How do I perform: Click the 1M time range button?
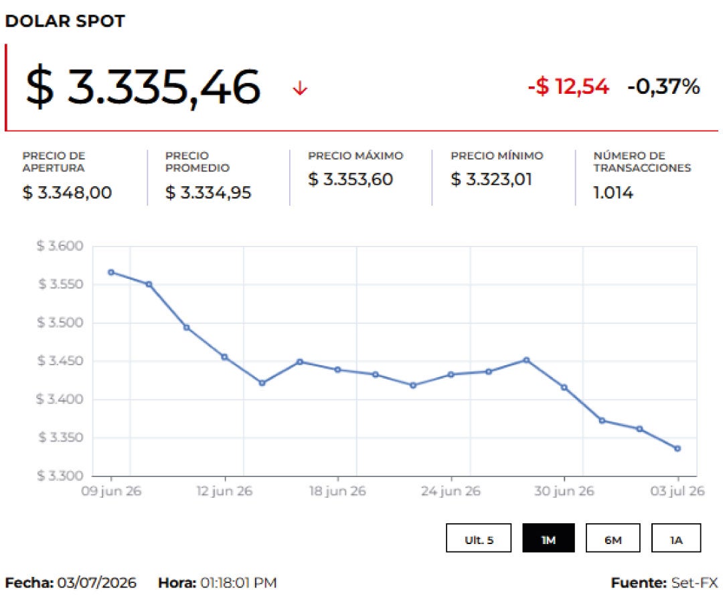pyautogui.click(x=548, y=538)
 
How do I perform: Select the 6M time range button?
pyautogui.click(x=613, y=538)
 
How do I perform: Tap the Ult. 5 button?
pyautogui.click(x=479, y=538)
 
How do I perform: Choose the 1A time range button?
pyautogui.click(x=676, y=538)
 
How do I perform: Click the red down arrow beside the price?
pyautogui.click(x=300, y=88)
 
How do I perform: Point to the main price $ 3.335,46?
pyautogui.click(x=143, y=86)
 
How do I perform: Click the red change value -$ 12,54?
pyautogui.click(x=568, y=86)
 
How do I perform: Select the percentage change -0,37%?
pyautogui.click(x=663, y=86)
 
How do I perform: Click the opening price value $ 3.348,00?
pyautogui.click(x=67, y=192)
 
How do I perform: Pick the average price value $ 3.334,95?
pyautogui.click(x=208, y=192)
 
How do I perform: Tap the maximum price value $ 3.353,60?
pyautogui.click(x=350, y=179)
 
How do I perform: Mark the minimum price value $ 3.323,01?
pyautogui.click(x=491, y=179)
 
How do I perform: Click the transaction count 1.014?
pyautogui.click(x=613, y=192)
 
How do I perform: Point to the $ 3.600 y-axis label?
pyautogui.click(x=60, y=246)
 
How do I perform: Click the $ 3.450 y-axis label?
pyautogui.click(x=60, y=360)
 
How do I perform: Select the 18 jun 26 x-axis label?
pyautogui.click(x=337, y=491)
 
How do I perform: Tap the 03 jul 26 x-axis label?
pyautogui.click(x=677, y=491)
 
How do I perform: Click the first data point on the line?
pyautogui.click(x=111, y=273)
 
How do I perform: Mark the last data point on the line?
pyautogui.click(x=677, y=448)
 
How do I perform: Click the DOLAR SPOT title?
pyautogui.click(x=65, y=21)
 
